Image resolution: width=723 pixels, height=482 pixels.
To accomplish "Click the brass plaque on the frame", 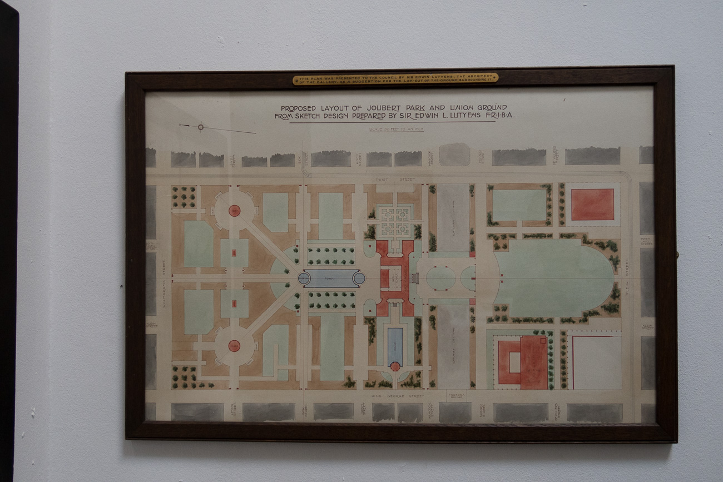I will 395,79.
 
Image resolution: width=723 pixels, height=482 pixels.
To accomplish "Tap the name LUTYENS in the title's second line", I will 464,116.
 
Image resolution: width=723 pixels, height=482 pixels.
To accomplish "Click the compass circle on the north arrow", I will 200,127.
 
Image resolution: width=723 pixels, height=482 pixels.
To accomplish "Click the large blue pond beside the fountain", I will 331,279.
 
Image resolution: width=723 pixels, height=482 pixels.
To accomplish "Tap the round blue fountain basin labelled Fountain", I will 304,278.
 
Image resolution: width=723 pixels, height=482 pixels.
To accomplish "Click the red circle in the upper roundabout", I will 234,211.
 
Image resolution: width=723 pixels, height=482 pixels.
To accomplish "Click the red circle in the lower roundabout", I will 234,346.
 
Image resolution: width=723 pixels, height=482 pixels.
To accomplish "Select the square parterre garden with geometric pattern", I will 394,220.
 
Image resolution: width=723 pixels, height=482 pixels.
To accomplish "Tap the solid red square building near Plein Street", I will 592,204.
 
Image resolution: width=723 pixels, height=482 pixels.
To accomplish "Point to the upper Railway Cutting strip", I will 452,217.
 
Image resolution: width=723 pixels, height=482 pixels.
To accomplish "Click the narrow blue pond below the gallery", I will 395,346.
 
